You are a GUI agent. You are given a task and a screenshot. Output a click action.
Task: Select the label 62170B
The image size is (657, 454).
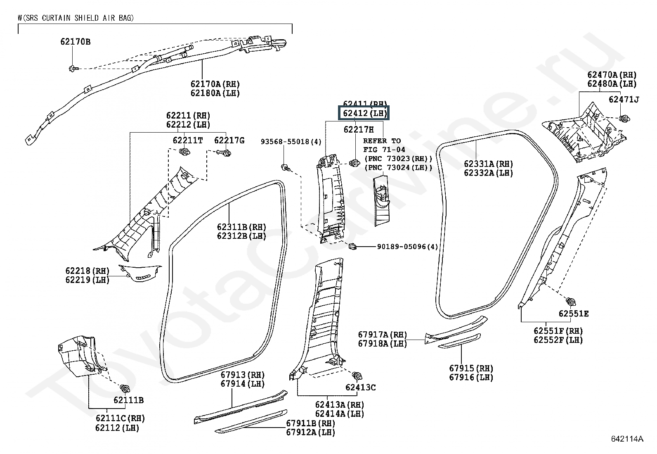pos(75,42)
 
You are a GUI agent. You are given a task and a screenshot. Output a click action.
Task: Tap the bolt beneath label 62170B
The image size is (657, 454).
pos(72,68)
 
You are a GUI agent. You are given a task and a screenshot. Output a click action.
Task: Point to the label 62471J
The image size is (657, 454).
pos(624,100)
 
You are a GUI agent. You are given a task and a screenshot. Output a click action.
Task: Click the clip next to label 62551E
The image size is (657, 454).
pos(571,302)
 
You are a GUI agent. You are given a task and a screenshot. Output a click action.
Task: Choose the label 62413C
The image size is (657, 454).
pos(361,387)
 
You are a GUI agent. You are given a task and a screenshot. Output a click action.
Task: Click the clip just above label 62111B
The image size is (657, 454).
pos(124,388)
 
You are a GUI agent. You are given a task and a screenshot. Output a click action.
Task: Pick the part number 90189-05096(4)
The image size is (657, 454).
pos(407,247)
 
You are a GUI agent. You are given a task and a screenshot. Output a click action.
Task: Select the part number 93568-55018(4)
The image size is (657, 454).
pos(291,142)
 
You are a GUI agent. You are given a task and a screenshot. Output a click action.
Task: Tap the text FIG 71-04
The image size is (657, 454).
pos(384,150)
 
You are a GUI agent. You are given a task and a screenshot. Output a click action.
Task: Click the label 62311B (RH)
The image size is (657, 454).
pos(241,227)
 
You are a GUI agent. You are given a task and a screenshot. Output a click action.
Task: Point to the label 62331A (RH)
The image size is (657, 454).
pos(489,164)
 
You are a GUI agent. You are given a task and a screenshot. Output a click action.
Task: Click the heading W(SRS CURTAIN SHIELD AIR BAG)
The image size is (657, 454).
pos(76,18)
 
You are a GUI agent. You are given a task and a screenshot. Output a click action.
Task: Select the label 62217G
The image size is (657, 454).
pos(229,140)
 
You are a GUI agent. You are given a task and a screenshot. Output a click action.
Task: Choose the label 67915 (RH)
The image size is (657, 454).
pos(471,368)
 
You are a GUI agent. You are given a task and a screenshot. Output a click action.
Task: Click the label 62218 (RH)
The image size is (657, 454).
pos(87,271)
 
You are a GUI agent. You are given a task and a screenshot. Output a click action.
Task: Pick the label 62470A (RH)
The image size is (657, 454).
pos(612,75)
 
